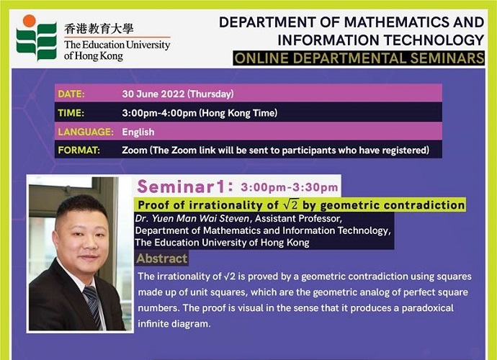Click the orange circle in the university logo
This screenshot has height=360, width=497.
click(29, 21)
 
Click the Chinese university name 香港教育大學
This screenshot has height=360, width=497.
click(99, 29)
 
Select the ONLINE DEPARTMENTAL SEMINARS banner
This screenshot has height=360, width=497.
click(359, 58)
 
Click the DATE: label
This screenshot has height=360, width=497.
click(71, 94)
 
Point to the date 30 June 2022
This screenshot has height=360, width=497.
click(153, 94)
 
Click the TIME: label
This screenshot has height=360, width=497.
click(71, 113)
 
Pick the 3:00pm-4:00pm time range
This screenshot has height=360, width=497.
click(159, 113)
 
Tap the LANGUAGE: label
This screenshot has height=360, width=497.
click(86, 132)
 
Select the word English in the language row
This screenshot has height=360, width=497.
click(138, 132)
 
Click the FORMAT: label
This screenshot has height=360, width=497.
click(79, 150)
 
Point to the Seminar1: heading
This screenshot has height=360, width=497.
click(185, 186)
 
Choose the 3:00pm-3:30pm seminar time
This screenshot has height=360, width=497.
click(289, 187)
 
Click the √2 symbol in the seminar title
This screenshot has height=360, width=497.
click(291, 204)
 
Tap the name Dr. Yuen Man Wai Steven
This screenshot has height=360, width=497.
click(192, 219)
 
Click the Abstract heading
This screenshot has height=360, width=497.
click(162, 258)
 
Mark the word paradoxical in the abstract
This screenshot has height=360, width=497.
click(428, 308)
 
